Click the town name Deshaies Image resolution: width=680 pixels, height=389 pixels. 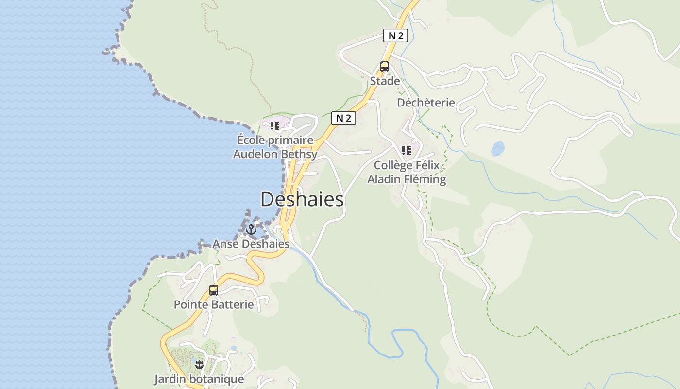point(302,199)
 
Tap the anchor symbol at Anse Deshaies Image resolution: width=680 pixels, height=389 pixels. point(251,230)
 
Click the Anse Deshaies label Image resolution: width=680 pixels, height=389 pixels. point(251,244)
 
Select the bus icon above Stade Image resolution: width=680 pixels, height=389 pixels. point(384,67)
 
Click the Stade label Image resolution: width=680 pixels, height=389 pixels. point(385,81)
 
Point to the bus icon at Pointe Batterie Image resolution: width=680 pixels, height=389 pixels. point(213,290)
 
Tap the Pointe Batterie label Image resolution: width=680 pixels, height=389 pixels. point(214,304)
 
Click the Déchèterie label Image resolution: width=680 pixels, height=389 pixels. point(426,103)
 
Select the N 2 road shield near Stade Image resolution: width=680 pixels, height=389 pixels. point(395,35)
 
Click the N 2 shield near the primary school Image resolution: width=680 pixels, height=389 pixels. point(343,118)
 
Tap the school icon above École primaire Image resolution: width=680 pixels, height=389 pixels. point(275,126)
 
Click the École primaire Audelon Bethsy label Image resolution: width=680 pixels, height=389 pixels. point(275,147)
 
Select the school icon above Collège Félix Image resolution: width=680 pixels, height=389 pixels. point(407,151)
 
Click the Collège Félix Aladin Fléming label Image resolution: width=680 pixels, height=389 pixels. point(407,172)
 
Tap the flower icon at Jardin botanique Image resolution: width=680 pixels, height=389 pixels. point(199,364)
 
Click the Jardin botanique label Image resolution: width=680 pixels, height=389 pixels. point(199,379)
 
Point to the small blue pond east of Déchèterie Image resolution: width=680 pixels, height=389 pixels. point(497,149)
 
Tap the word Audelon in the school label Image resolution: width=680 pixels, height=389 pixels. point(255,155)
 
